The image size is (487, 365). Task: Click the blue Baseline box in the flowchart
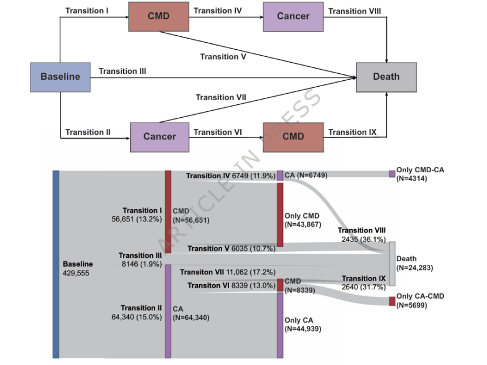click(x=60, y=77)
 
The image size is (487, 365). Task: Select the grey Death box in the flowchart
click(x=386, y=77)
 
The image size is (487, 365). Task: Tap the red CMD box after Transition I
click(x=158, y=16)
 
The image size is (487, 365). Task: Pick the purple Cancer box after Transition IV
click(x=293, y=16)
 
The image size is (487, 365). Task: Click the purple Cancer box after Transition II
click(x=159, y=137)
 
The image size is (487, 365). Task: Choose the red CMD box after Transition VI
click(x=293, y=137)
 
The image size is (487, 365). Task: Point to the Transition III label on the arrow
click(x=122, y=71)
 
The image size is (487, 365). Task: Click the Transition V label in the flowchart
click(x=223, y=57)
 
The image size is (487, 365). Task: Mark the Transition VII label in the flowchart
click(x=220, y=97)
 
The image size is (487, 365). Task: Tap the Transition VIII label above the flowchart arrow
click(x=355, y=11)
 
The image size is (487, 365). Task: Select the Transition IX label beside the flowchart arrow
click(x=352, y=132)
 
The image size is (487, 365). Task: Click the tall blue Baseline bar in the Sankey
click(x=56, y=264)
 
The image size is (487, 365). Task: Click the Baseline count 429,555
click(x=76, y=273)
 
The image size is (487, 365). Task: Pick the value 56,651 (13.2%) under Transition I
click(x=141, y=220)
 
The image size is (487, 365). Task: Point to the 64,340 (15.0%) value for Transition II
click(x=141, y=317)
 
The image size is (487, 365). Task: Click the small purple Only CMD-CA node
click(x=392, y=174)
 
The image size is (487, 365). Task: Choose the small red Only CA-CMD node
click(x=392, y=301)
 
